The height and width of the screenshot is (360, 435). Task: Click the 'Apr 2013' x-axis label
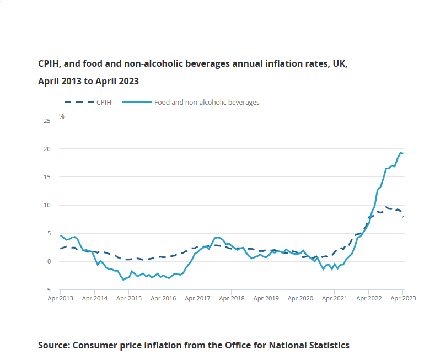tap(60, 298)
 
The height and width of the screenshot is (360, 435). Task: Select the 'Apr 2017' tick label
tap(197, 298)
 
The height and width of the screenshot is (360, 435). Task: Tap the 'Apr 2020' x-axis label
tap(300, 298)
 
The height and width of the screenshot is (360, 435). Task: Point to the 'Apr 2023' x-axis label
tap(402, 298)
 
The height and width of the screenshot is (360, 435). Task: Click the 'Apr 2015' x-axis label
tap(128, 298)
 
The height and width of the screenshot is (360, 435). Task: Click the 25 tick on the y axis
tap(47, 120)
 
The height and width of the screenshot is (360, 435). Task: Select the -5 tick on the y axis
tap(47, 290)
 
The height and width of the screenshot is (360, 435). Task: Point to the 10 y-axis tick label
tap(47, 205)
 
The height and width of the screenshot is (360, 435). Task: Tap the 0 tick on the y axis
tap(49, 261)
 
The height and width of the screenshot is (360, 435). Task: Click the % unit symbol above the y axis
tap(62, 116)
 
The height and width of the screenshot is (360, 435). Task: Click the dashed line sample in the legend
tap(78, 102)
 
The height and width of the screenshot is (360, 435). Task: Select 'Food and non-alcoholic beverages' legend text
tap(207, 102)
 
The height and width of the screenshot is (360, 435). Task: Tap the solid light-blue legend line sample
tap(136, 102)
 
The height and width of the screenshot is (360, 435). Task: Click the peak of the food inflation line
tap(400, 153)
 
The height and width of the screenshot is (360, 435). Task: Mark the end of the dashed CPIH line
tap(403, 217)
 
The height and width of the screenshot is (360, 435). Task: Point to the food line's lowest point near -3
tap(123, 280)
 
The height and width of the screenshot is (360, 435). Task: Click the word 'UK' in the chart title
tap(340, 63)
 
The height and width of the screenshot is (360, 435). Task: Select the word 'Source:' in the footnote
tap(53, 345)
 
